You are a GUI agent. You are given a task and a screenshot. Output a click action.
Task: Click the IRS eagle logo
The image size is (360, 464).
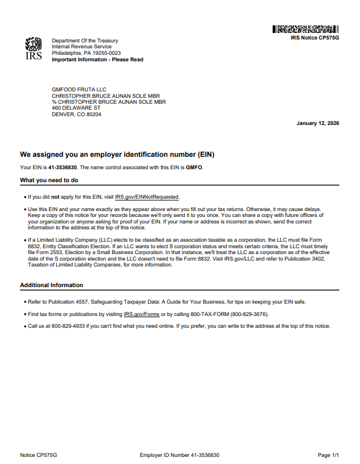[x=33, y=50]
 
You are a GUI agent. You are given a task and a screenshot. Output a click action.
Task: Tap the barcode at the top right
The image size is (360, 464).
[x=305, y=29]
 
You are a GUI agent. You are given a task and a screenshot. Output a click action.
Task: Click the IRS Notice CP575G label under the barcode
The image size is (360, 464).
[x=315, y=37]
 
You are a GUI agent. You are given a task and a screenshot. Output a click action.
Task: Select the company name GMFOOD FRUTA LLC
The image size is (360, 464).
[x=79, y=90]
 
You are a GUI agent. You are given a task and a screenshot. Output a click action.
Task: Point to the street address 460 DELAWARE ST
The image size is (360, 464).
[x=76, y=108]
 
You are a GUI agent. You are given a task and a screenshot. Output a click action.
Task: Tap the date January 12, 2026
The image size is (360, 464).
[x=318, y=123]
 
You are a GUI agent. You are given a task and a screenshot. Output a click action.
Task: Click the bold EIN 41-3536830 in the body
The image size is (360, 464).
[x=63, y=167]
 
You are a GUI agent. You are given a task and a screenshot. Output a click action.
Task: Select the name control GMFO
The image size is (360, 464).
[x=194, y=167]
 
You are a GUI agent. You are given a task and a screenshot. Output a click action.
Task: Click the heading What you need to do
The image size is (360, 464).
[x=49, y=180]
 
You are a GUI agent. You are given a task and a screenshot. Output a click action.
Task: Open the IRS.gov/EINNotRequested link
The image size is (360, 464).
[x=147, y=197]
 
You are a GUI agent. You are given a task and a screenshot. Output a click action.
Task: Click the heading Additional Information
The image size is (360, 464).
[x=51, y=285]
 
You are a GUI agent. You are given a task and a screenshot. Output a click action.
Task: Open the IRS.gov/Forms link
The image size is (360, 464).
[x=141, y=314]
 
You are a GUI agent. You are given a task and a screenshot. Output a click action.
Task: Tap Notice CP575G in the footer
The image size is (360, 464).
[x=38, y=455]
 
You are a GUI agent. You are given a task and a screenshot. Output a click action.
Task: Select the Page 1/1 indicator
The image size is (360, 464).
[x=328, y=455]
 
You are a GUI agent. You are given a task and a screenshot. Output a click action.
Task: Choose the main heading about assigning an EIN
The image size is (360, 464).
[x=117, y=154]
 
